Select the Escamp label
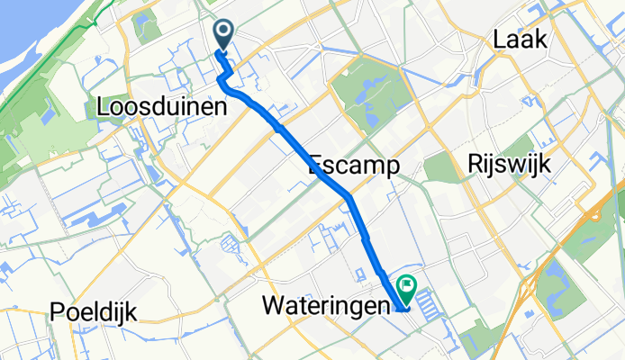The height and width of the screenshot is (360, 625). pos(353,165)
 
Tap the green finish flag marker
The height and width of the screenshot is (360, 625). pos(407,289)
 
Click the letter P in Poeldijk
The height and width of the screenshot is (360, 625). pos(58,312)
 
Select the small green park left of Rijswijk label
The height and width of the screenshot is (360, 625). pos(441,167)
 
